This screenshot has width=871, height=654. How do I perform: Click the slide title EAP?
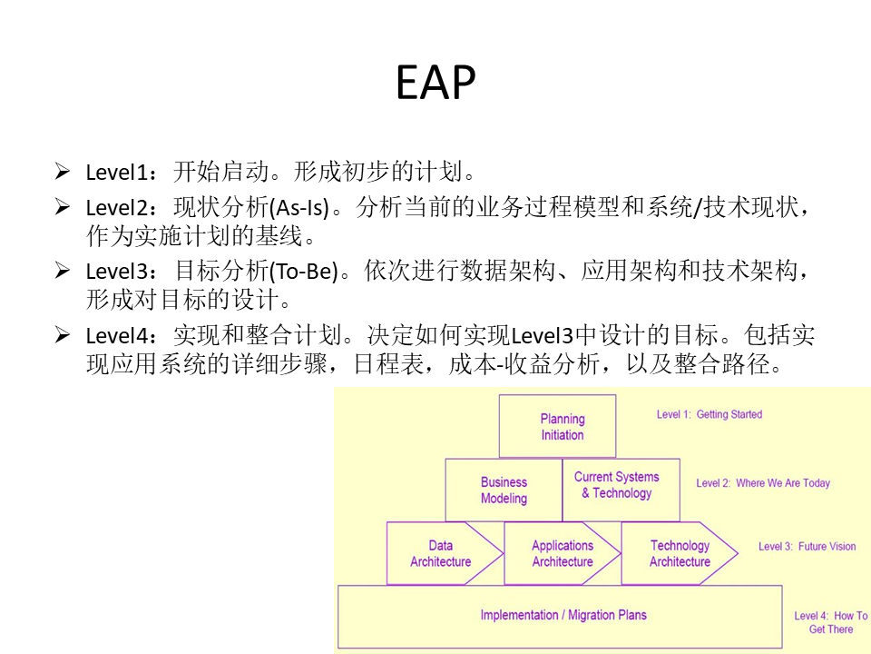pos(435,84)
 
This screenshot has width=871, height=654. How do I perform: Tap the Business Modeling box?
pos(504,490)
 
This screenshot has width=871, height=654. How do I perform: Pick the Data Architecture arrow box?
pos(441,553)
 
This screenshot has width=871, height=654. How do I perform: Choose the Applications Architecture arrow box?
pos(563,553)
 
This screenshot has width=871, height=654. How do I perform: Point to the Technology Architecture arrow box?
pos(680,553)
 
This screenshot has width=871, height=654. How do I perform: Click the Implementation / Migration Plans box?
pos(563,616)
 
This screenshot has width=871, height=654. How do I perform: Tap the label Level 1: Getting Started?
pos(710,414)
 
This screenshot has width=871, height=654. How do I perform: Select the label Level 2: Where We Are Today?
pos(763,483)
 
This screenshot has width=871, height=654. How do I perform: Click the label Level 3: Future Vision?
pos(807,547)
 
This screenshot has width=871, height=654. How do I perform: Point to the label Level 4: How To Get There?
pos(831,622)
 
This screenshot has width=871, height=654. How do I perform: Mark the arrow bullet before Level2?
pos(63,207)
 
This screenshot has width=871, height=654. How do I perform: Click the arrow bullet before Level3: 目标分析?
pos(63,270)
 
